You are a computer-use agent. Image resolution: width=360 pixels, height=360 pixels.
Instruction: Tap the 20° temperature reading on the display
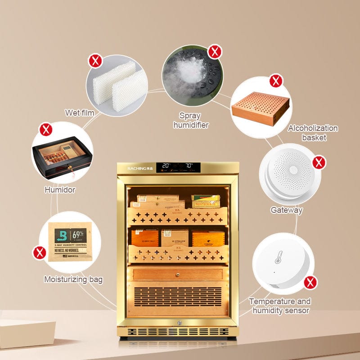pos(166,166)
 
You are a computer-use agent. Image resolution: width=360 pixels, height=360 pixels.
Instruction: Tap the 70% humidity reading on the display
pos(189,166)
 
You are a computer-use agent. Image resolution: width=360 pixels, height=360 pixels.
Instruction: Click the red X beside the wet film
pos(95,61)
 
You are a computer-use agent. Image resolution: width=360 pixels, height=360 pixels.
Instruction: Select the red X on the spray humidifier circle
pos(215,52)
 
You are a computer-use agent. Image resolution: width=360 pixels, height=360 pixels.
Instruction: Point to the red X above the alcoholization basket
pos(276,81)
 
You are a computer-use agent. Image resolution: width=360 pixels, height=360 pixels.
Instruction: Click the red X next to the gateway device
pos(319,162)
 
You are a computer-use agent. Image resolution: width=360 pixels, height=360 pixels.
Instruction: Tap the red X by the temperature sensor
pos(309,283)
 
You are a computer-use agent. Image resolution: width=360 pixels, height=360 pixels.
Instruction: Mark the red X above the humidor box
pos(45,130)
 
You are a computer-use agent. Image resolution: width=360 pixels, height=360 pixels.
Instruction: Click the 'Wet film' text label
pos(80,112)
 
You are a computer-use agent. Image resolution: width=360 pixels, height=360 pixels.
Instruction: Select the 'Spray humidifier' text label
pos(191,121)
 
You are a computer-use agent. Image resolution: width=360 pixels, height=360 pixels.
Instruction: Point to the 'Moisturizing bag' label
pos(73,279)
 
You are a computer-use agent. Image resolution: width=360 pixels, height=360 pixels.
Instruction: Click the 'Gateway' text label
pos(287,210)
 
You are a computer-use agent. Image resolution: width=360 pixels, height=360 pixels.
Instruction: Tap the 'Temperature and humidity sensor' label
pos(279,306)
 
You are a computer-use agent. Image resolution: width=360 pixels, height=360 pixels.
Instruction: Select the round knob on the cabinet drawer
pos(176,274)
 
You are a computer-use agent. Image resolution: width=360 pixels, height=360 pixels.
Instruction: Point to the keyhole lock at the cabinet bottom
pos(177,322)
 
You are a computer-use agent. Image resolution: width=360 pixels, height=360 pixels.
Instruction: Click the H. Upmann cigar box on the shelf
pos(175,237)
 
